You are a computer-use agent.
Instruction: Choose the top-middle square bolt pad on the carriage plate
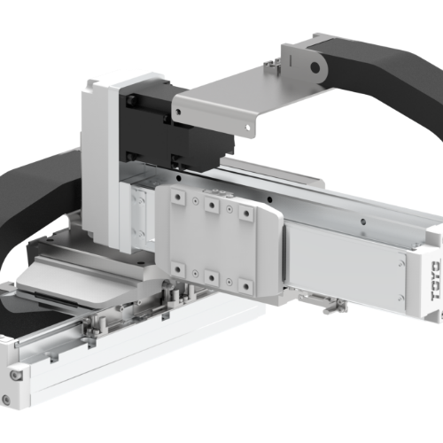click(x=212, y=205)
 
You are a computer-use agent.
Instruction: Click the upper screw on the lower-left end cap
click(x=15, y=376)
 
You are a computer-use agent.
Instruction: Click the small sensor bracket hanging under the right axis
click(x=332, y=306)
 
